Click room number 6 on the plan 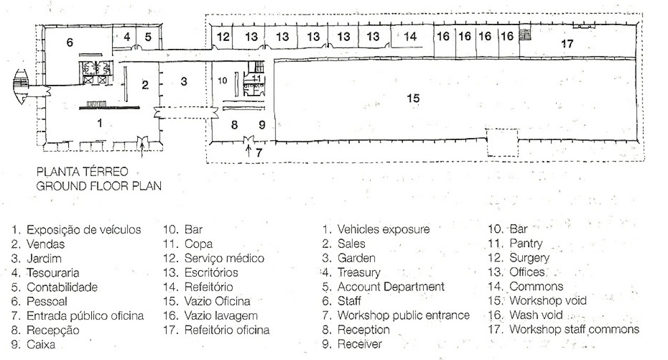(70, 43)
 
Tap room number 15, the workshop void (413, 98)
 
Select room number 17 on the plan (567, 44)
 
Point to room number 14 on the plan (410, 37)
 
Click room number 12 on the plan (223, 37)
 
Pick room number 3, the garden (184, 81)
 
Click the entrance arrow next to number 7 (248, 151)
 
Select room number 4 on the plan (127, 37)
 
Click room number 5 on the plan (148, 37)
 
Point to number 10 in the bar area (222, 81)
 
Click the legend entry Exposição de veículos (83, 230)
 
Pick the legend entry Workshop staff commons (574, 330)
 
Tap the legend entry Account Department (391, 286)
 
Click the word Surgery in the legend (529, 258)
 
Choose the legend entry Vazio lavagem (221, 316)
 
